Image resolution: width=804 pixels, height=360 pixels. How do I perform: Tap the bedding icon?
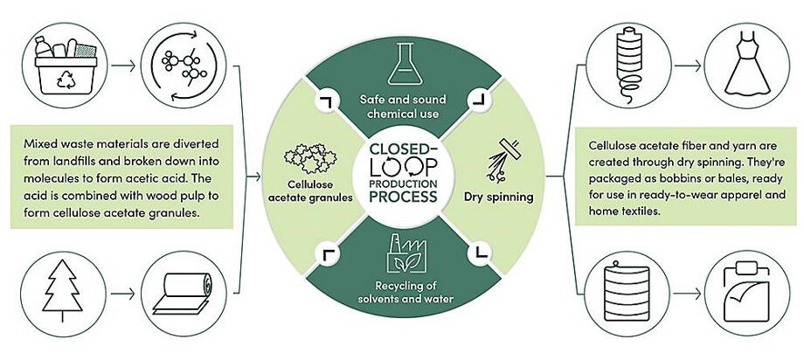click(x=744, y=294)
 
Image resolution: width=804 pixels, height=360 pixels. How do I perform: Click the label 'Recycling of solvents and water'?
click(x=401, y=293)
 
